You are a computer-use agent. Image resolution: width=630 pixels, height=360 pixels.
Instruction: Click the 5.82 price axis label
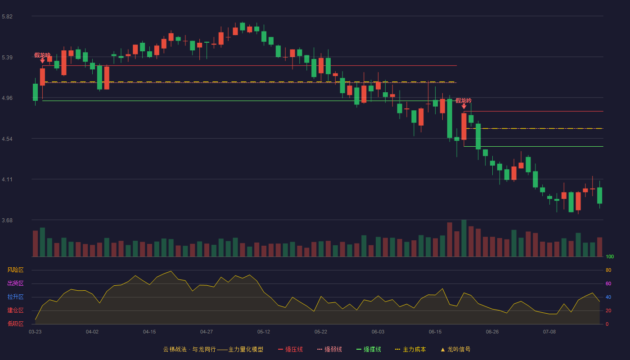pyautogui.click(x=7, y=17)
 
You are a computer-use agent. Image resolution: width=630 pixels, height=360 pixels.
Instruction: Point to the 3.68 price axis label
pyautogui.click(x=7, y=220)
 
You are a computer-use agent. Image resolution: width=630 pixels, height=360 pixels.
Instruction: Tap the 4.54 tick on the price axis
pyautogui.click(x=7, y=139)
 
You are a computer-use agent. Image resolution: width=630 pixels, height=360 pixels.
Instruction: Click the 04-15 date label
pyautogui.click(x=149, y=332)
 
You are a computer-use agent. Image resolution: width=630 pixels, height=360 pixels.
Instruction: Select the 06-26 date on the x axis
pyautogui.click(x=492, y=332)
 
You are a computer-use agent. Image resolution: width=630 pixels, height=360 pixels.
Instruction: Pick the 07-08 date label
pyautogui.click(x=549, y=332)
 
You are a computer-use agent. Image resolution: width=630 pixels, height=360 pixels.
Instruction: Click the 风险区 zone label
pyautogui.click(x=15, y=270)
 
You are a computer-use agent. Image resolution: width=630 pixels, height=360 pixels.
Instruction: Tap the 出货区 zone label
pyautogui.click(x=15, y=283)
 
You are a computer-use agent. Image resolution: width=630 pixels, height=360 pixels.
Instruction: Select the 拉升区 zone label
pyautogui.click(x=15, y=297)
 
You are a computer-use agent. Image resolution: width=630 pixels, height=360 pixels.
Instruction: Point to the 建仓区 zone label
pyautogui.click(x=15, y=310)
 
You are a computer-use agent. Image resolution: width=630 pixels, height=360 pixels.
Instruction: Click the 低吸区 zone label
pyautogui.click(x=15, y=324)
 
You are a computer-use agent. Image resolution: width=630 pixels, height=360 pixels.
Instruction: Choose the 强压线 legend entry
pyautogui.click(x=290, y=349)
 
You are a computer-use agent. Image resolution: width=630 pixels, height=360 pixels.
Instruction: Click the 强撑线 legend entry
pyautogui.click(x=369, y=349)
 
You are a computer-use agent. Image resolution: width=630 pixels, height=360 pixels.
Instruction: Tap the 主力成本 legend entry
pyautogui.click(x=410, y=349)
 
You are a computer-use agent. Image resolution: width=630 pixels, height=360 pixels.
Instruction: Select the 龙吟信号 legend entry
pyautogui.click(x=455, y=349)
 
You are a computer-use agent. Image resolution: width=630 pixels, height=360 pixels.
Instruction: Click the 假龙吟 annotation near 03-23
pyautogui.click(x=42, y=55)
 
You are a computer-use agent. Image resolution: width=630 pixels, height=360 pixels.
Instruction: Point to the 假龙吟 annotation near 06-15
pyautogui.click(x=463, y=101)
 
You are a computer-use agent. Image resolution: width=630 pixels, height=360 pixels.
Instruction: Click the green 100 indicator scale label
pyautogui.click(x=610, y=256)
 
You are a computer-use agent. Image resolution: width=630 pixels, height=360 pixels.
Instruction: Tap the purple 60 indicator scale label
pyautogui.click(x=608, y=283)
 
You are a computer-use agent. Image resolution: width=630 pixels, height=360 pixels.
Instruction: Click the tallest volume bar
pyautogui.click(x=464, y=238)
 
